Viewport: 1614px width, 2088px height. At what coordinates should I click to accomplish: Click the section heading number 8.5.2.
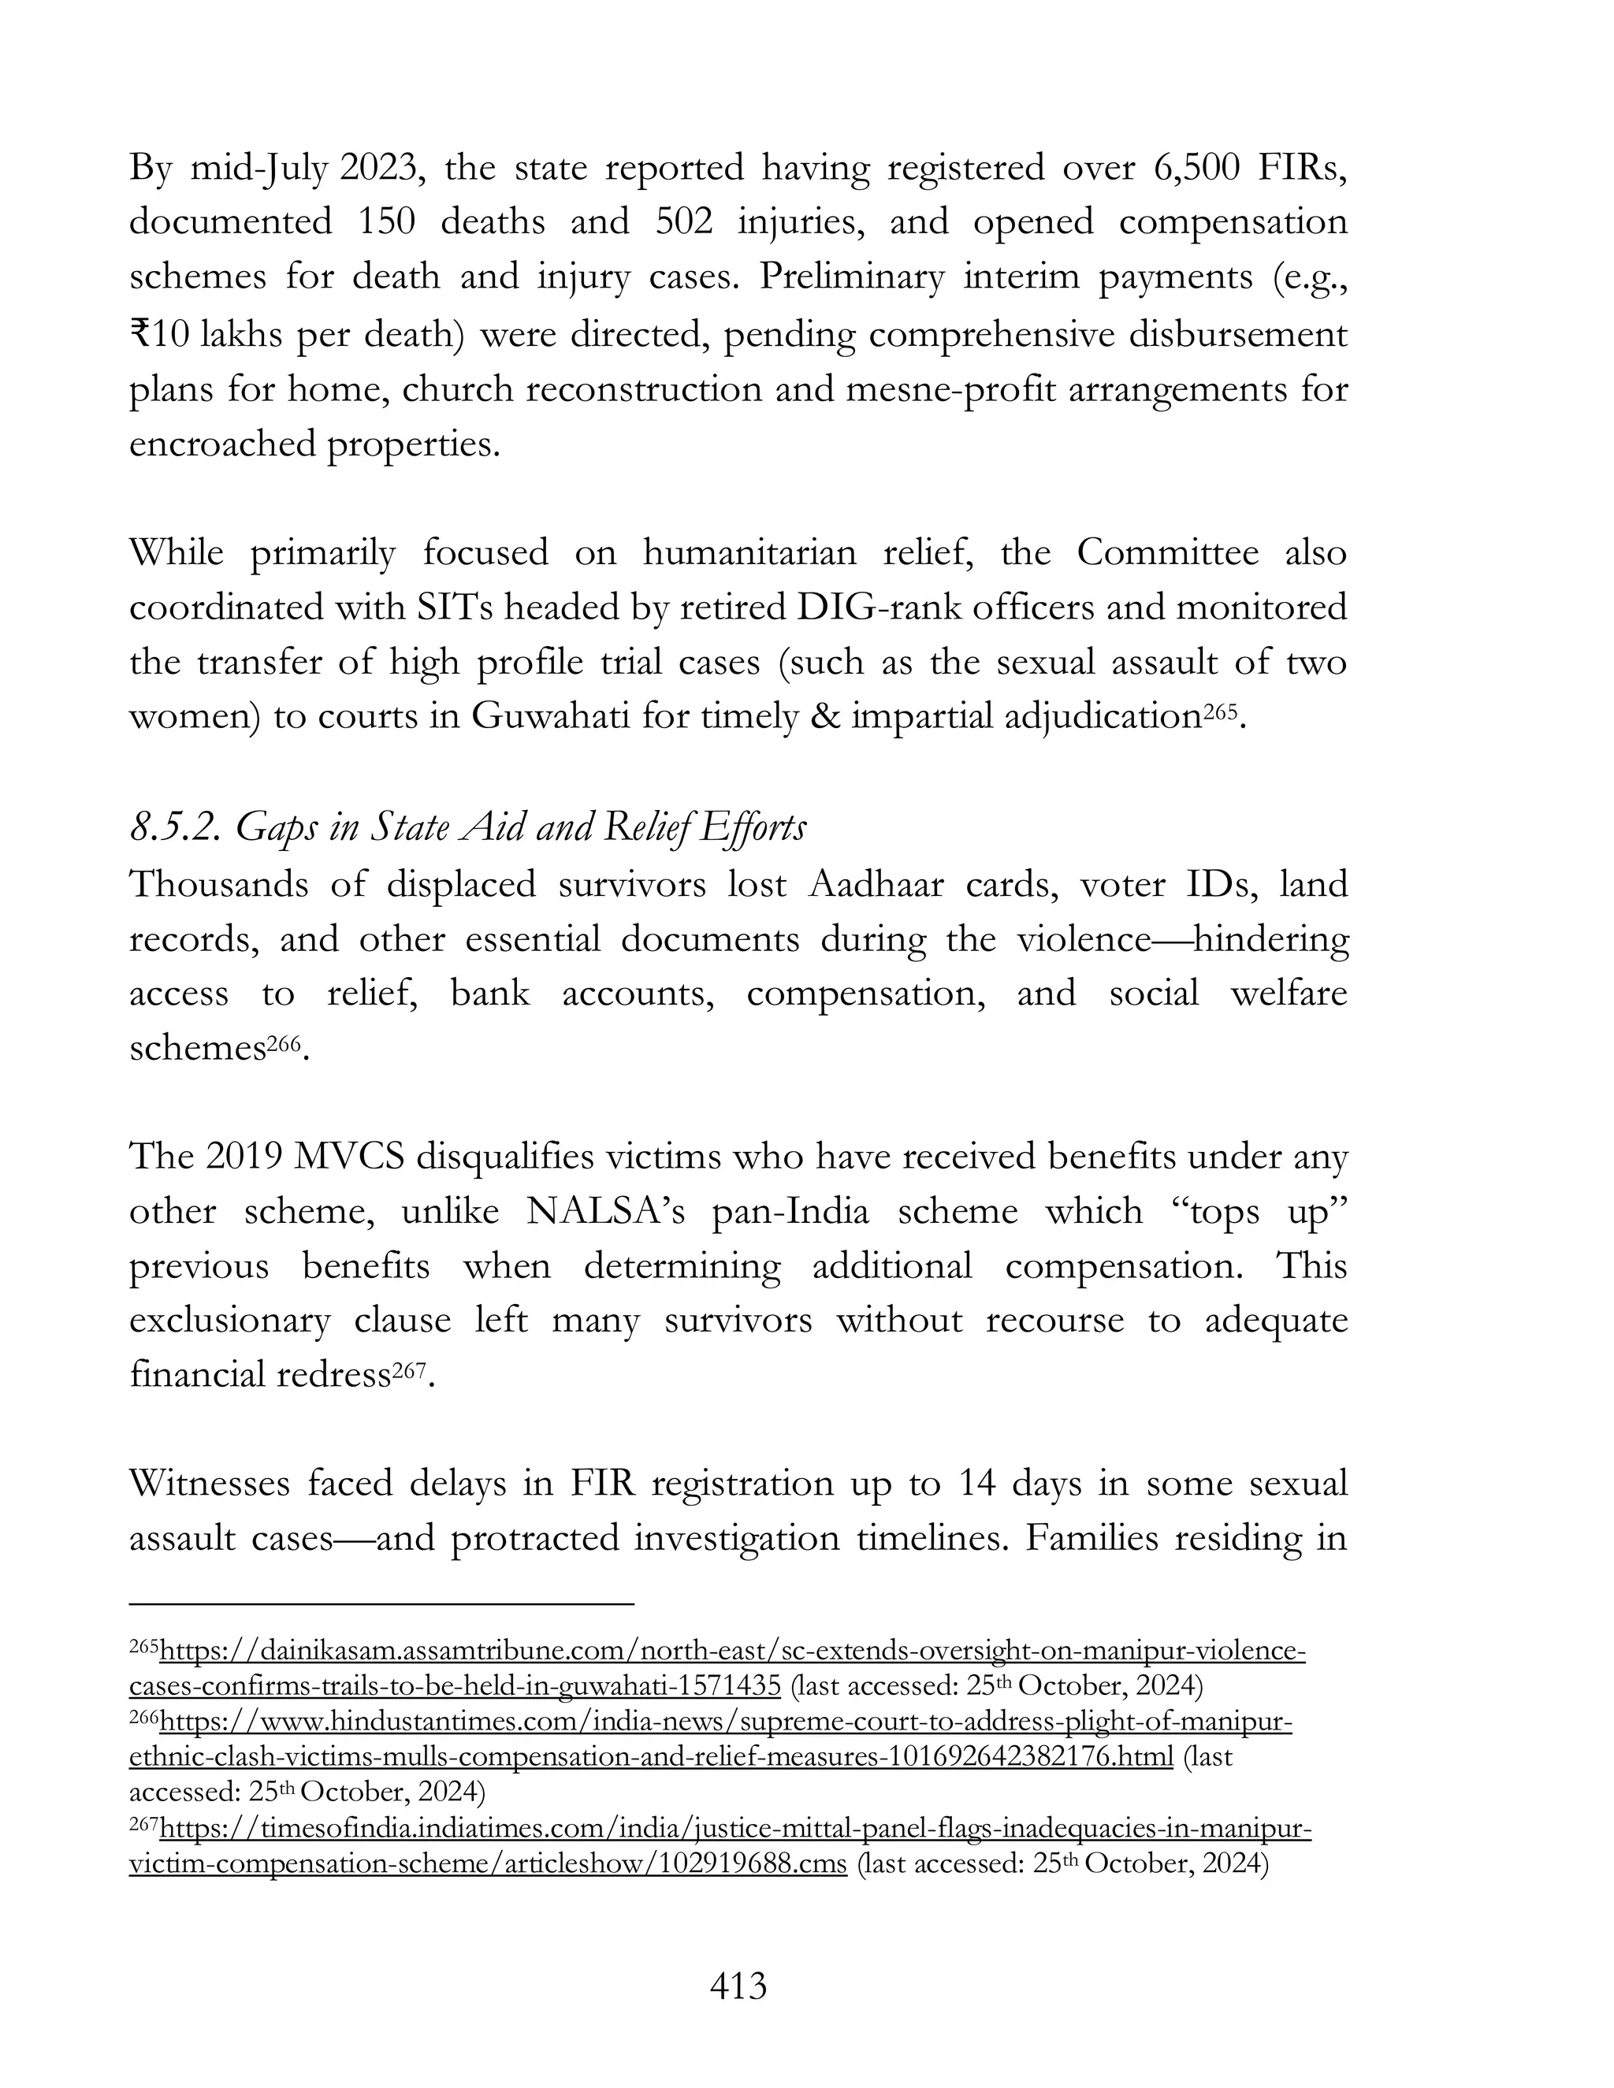(x=174, y=828)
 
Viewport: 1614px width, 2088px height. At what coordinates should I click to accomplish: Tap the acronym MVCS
(x=350, y=1157)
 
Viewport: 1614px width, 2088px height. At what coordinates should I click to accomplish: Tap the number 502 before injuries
(x=683, y=222)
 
